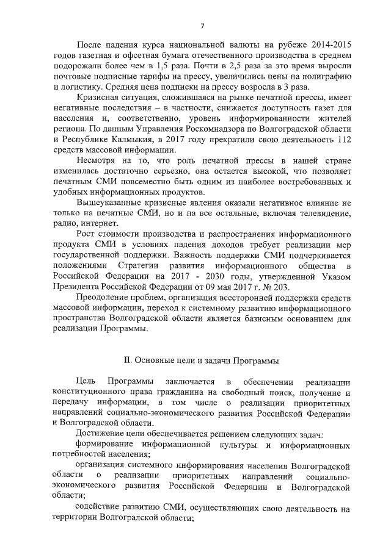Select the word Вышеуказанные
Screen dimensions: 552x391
coord(111,205)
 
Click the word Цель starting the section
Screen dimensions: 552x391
coord(86,392)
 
